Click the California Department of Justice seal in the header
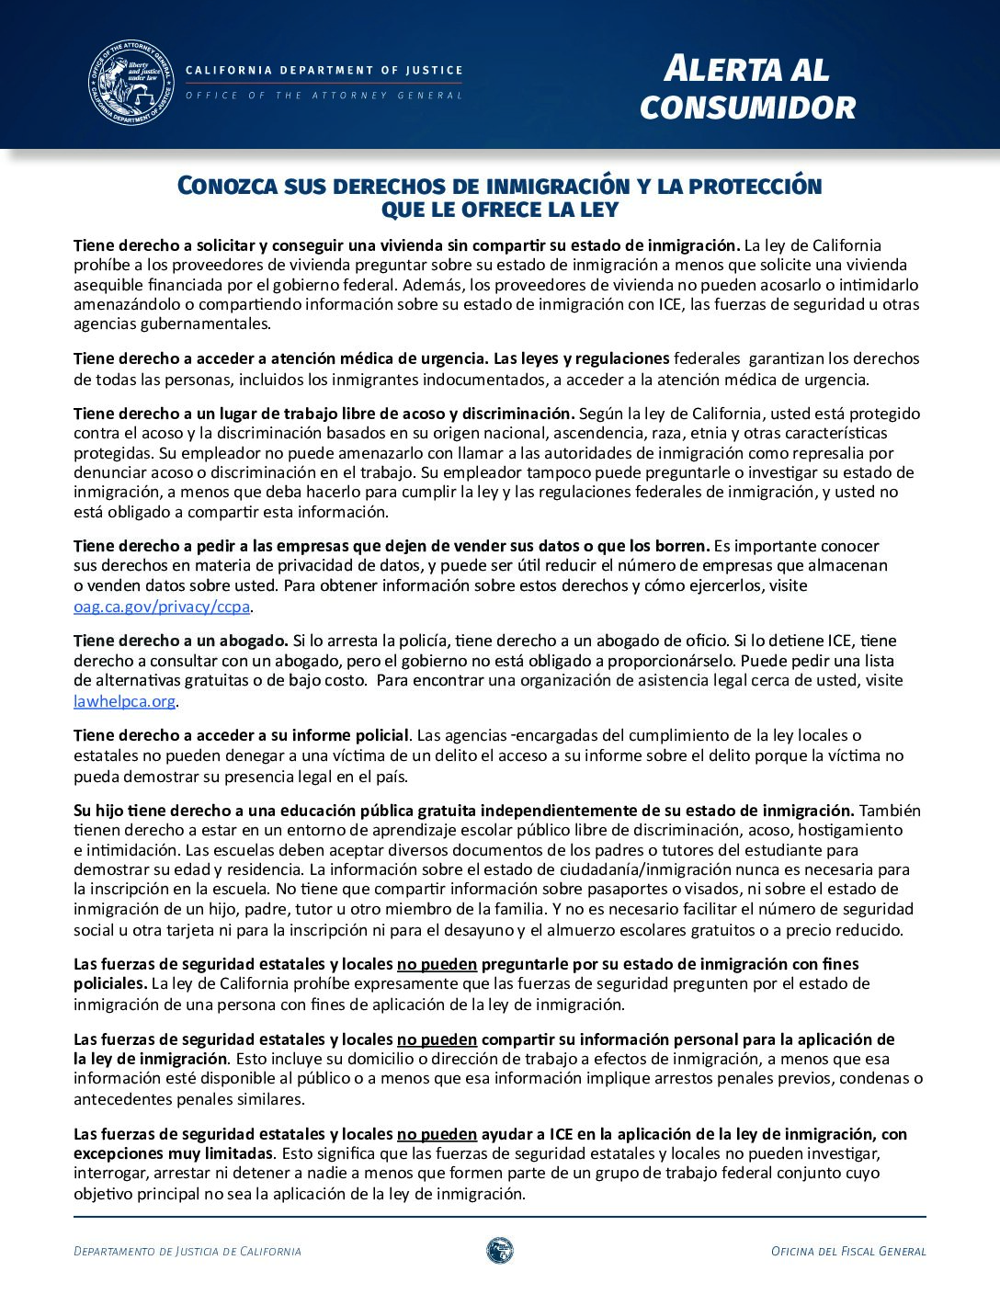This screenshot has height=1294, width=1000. click(x=131, y=83)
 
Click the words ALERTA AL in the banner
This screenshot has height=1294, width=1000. click(x=745, y=69)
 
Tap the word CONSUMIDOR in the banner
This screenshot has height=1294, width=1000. click(x=747, y=108)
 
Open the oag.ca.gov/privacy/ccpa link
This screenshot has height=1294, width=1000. click(x=162, y=607)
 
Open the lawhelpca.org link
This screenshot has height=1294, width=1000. click(x=124, y=701)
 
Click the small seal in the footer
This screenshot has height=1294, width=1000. click(x=499, y=1250)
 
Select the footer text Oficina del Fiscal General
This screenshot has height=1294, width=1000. click(x=847, y=1251)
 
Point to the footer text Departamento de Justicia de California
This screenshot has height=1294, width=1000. click(x=187, y=1251)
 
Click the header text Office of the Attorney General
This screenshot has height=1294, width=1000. click(x=324, y=96)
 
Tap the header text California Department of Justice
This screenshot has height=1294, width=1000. click(x=324, y=70)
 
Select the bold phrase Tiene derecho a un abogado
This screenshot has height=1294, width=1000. click(x=181, y=641)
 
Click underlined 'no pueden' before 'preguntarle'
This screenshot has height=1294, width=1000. click(x=437, y=964)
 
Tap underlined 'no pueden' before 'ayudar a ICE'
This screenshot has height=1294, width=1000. click(x=437, y=1134)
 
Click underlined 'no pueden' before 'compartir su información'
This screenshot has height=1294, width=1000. click(x=437, y=1039)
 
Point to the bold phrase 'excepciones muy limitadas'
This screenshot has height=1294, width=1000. click(x=173, y=1153)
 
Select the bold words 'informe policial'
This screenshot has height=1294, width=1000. click(x=350, y=735)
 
